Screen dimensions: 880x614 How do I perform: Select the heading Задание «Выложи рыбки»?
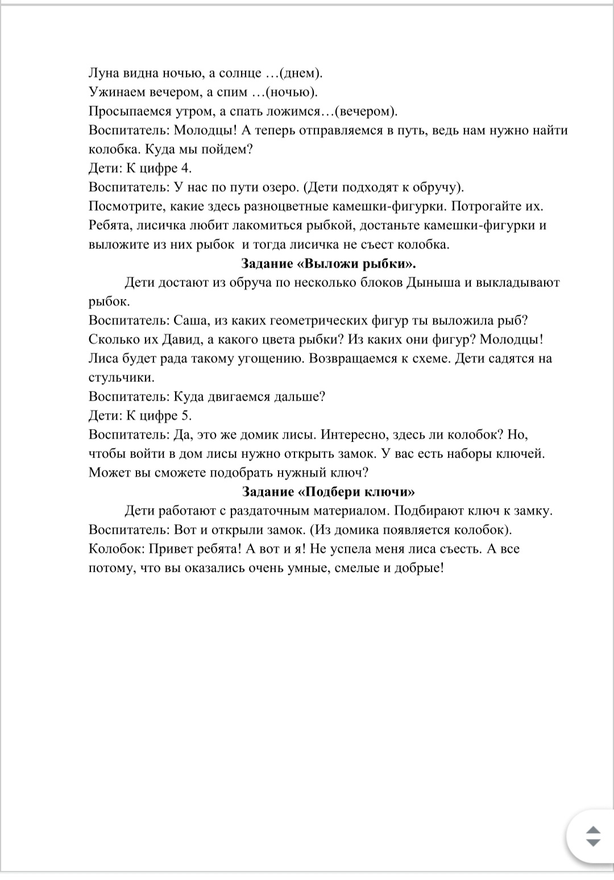coord(329,264)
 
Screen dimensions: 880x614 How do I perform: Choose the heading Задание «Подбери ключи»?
coord(329,492)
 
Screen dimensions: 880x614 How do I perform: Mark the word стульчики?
coord(121,377)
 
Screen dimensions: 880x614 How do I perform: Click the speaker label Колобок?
coord(112,549)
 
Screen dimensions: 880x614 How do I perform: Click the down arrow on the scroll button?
coord(593,843)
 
